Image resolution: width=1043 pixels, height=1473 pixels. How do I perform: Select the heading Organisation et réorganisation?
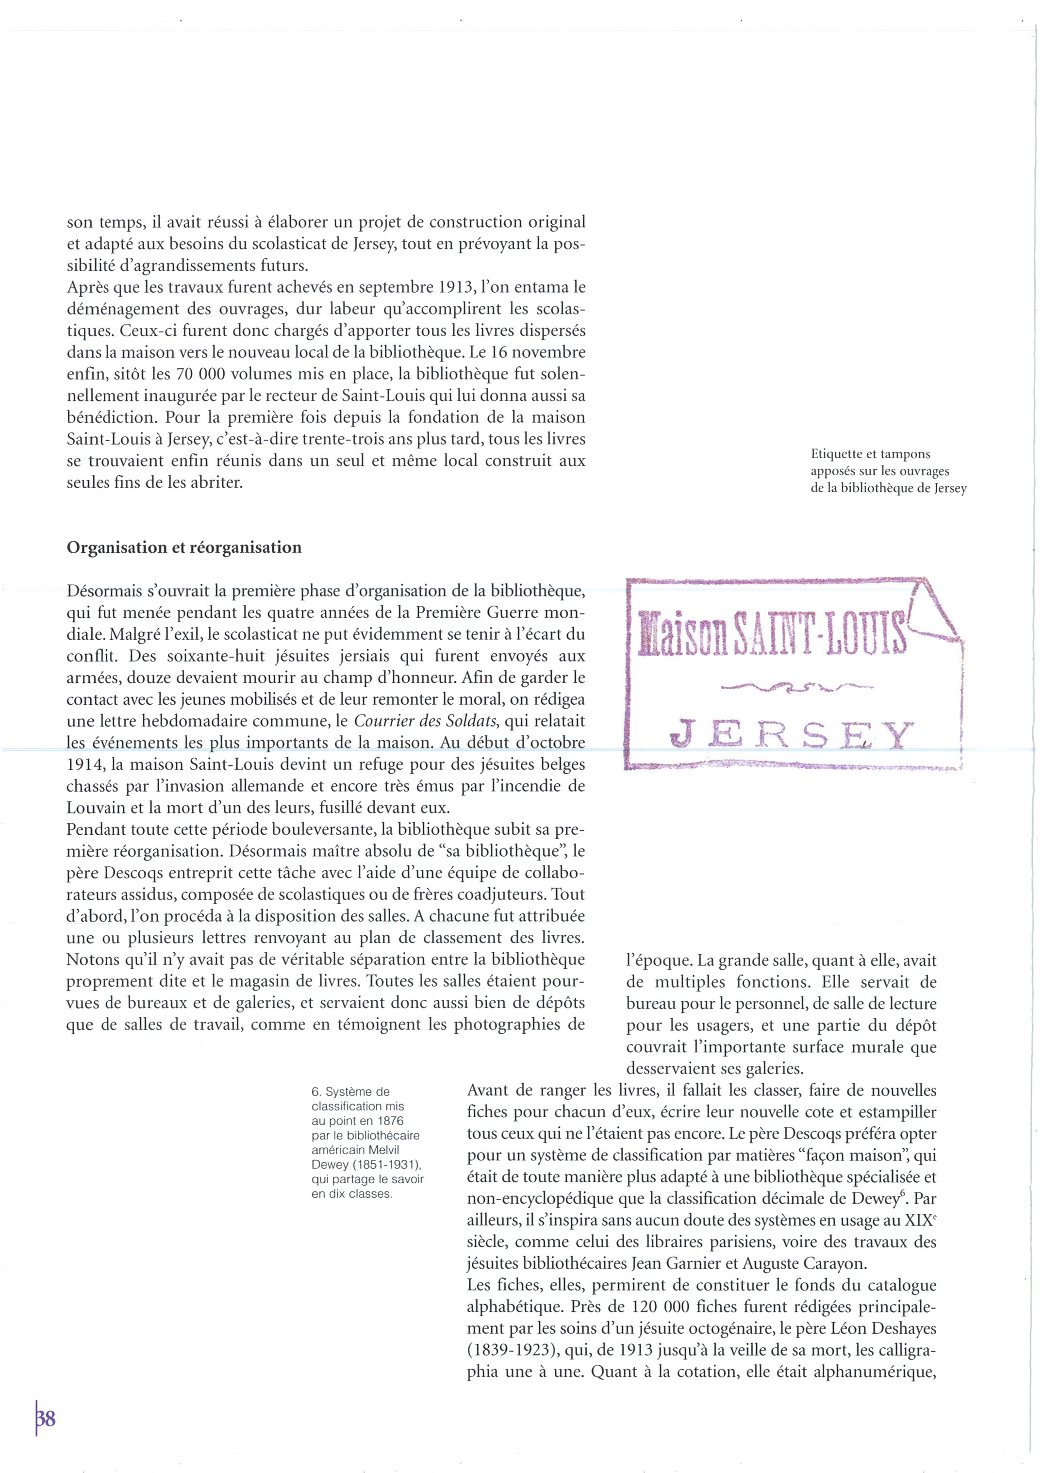pos(183,548)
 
